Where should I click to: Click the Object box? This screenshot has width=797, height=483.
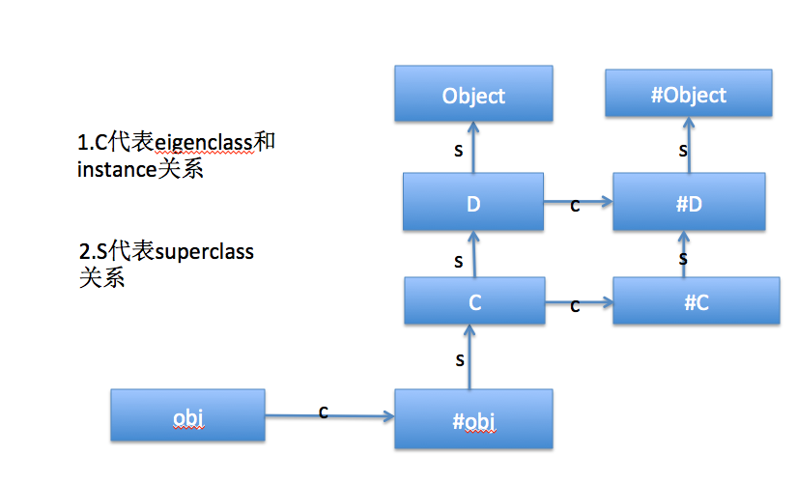click(x=473, y=95)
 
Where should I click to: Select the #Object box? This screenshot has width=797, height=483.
click(x=689, y=95)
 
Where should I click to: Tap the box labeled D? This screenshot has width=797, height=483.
click(x=473, y=203)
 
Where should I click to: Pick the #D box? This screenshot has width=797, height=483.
click(x=689, y=204)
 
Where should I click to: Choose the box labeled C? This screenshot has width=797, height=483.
click(x=473, y=301)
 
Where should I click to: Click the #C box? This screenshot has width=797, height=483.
click(x=696, y=301)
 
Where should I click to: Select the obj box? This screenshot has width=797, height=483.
click(x=187, y=416)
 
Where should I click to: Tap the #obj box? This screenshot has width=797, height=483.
click(x=473, y=420)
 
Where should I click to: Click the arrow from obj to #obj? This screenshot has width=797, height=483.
click(x=328, y=416)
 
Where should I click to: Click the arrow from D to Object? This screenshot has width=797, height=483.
click(x=473, y=151)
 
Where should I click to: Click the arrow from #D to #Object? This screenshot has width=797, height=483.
click(x=689, y=151)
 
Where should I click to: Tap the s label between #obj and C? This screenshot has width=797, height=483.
click(x=460, y=359)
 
